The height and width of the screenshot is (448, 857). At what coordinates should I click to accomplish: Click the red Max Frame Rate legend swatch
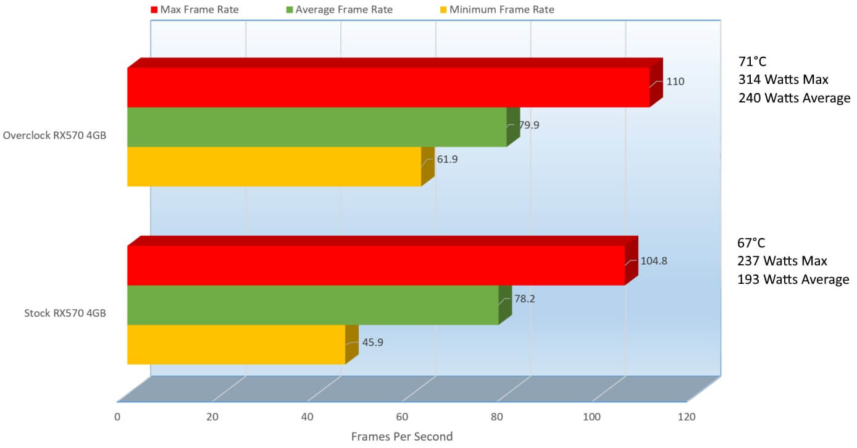154,10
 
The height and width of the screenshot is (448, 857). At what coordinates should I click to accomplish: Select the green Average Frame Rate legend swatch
290,10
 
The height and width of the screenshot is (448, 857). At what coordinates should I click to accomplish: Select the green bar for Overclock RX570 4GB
316,127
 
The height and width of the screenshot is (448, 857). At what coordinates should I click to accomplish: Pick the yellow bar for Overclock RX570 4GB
274,167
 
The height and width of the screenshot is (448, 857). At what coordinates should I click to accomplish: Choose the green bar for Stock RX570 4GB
312,305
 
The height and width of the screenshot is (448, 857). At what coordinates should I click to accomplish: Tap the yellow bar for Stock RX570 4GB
235,344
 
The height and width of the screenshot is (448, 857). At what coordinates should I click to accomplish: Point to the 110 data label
675,81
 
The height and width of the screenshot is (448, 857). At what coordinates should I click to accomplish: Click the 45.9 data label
372,342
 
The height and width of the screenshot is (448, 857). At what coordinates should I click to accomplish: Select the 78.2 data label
525,299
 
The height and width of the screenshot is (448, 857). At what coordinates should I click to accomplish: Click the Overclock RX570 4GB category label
54,135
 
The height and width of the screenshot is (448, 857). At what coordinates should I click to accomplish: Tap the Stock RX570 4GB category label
65,313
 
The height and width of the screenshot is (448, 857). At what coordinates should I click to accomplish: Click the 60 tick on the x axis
402,417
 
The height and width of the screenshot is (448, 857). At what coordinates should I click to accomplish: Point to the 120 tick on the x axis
687,417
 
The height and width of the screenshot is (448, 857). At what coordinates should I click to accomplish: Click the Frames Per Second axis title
402,437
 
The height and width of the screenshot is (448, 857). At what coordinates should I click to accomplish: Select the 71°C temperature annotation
752,62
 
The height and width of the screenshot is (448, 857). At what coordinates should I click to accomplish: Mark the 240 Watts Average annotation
794,99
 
